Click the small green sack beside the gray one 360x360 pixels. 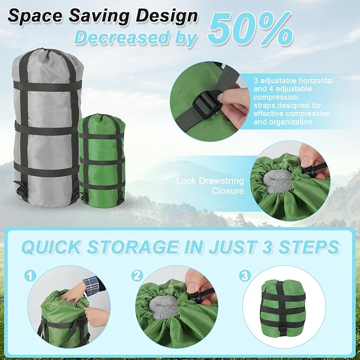click(x=102, y=159)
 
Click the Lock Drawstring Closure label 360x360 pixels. click(x=210, y=186)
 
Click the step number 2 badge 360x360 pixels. click(x=137, y=276)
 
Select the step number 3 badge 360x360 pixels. click(x=244, y=276)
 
